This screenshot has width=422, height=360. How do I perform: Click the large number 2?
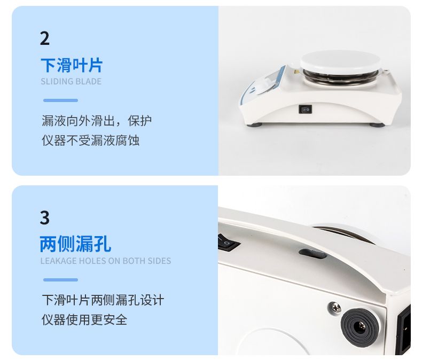(x=45, y=38)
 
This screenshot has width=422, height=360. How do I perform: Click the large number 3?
(x=45, y=217)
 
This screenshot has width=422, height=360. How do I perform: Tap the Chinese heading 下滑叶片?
(x=72, y=65)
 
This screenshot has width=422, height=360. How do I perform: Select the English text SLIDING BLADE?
(x=71, y=81)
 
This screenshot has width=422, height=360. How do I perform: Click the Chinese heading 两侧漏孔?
(x=75, y=244)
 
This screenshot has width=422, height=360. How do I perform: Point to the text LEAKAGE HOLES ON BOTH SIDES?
(x=106, y=261)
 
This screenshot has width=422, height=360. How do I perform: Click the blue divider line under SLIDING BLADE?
(x=60, y=100)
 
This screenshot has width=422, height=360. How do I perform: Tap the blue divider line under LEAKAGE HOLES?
(x=60, y=280)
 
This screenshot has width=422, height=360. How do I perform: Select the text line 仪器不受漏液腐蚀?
(x=91, y=140)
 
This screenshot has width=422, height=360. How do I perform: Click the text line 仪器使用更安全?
(x=84, y=319)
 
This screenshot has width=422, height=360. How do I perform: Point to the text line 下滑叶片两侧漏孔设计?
(x=103, y=300)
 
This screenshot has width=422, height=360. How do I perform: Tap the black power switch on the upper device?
(x=306, y=109)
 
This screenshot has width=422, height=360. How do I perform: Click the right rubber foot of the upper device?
(x=377, y=125)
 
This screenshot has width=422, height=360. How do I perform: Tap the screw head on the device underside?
(x=335, y=307)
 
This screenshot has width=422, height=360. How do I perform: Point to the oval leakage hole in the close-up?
(x=312, y=254)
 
